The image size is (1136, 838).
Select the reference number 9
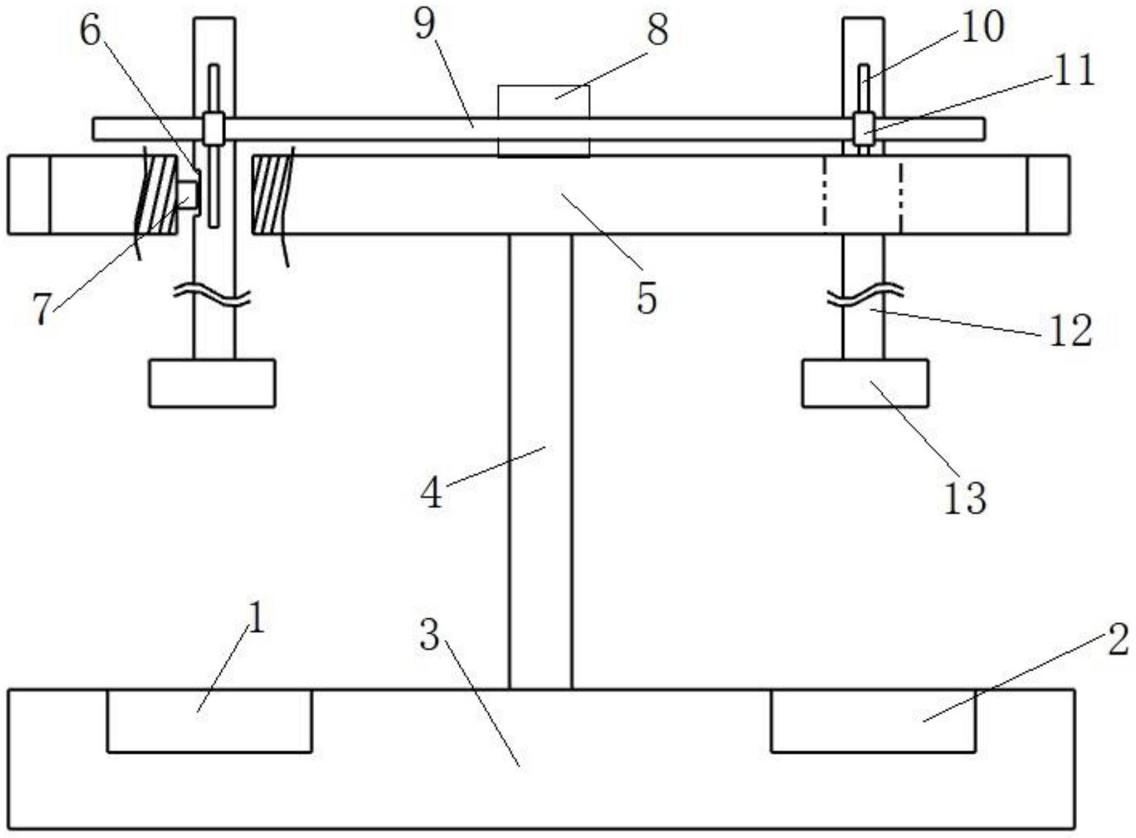coord(424,25)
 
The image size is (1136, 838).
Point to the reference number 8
coord(657,30)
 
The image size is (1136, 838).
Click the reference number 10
coord(982,27)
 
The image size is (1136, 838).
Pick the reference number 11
coord(1074,71)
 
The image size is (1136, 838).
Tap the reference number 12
coord(1071,331)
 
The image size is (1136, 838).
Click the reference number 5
coord(646,300)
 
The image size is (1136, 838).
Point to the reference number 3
coord(429,636)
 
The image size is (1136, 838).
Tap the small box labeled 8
coord(543,121)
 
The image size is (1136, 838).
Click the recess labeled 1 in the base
coord(209,721)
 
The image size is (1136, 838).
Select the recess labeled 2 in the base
coord(873,721)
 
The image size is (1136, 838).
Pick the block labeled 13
coord(865,384)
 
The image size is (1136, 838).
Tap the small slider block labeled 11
coord(863,128)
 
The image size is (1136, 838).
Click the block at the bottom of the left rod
coord(212,384)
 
